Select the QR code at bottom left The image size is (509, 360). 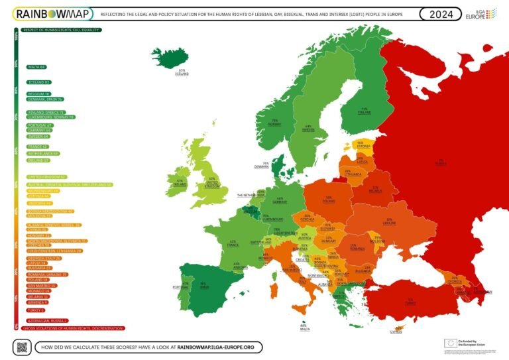point(23,346)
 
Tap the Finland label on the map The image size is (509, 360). point(363,111)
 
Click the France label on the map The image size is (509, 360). point(233,243)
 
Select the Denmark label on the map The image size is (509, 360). point(265,164)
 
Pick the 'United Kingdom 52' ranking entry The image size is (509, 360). point(46,177)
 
